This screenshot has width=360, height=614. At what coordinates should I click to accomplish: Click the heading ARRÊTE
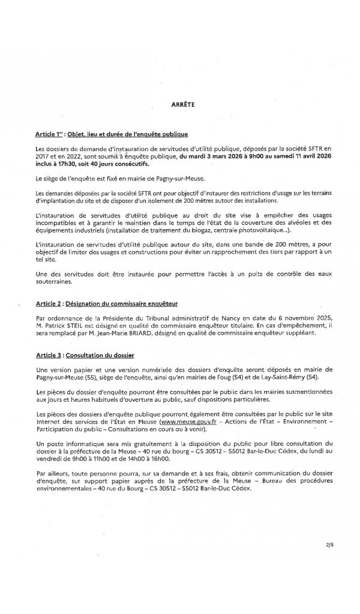(180, 104)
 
